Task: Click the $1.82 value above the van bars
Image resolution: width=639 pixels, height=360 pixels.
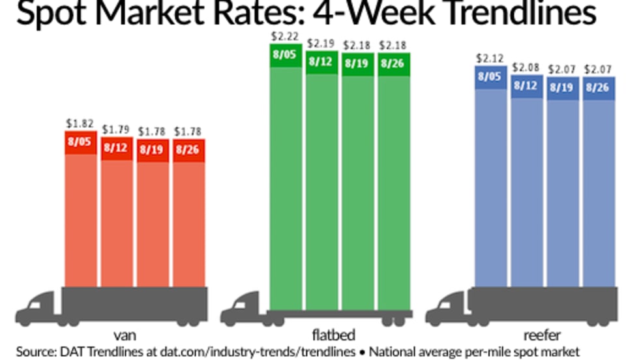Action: [81, 123]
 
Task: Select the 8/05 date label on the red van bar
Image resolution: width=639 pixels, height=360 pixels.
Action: [81, 143]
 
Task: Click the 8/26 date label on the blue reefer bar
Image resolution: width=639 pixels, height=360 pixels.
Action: [599, 88]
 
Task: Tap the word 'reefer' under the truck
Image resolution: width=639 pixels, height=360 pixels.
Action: [544, 336]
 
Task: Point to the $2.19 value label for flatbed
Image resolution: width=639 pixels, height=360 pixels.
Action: [322, 44]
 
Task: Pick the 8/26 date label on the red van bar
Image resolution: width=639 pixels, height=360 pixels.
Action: [188, 150]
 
